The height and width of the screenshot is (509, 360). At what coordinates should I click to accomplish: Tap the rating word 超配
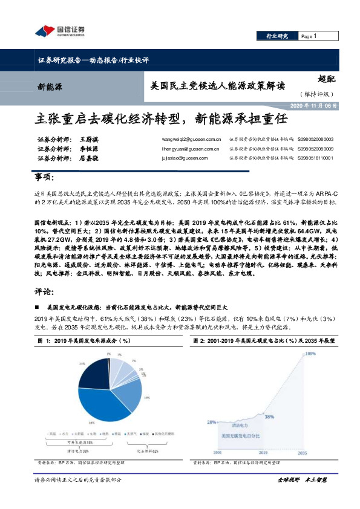coord(327,77)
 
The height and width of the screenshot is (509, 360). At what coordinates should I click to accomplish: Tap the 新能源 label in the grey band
coord(50,86)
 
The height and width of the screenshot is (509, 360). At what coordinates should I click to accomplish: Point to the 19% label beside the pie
coord(146,397)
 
